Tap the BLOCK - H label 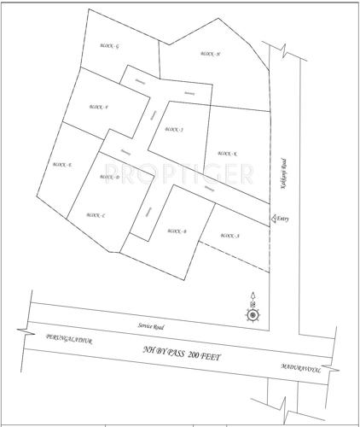tap(211, 53)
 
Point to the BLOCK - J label tap(175, 130)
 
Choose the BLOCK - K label tap(228, 154)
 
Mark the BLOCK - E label tap(62, 164)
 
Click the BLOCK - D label tap(111, 177)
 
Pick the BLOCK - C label tap(96, 215)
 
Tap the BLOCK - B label tap(177, 231)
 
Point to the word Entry tap(283, 219)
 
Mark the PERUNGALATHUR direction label tap(69, 340)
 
